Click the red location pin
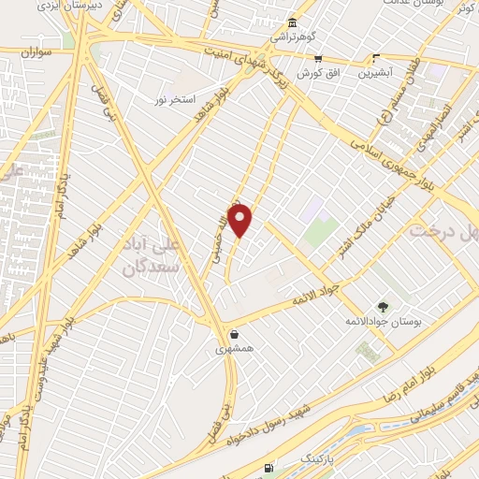(240, 220)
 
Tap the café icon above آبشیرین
(376, 57)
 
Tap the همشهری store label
(233, 348)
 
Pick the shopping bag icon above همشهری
(233, 333)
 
